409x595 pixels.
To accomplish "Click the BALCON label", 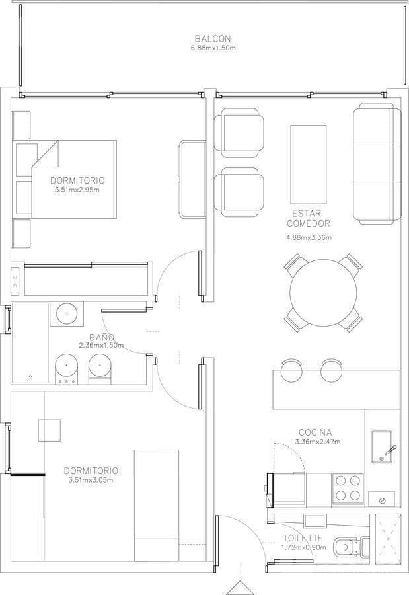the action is point(213,38).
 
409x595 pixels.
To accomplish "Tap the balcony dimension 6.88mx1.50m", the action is point(213,48).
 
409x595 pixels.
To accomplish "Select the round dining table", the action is point(323,293).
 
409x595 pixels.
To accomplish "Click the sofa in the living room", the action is point(377,164).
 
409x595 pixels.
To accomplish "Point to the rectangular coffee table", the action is point(309,164).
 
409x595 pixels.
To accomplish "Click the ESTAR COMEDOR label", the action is point(309,218).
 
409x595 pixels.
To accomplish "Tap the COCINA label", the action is point(315,432).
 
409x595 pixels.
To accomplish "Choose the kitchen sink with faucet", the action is point(382,447).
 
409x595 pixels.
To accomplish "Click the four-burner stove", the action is point(348,489).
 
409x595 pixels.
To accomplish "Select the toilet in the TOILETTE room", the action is point(351,547).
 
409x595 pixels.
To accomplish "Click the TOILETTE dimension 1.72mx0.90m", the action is point(303,547).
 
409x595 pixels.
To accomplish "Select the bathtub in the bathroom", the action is point(30,342).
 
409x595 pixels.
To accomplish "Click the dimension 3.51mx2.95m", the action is point(77,190).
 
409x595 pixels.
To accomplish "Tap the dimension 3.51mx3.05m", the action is point(91,480).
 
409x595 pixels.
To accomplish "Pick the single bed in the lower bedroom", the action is point(157,506).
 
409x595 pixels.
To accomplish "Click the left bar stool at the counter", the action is point(292,370).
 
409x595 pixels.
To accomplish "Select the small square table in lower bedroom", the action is point(50,430).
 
